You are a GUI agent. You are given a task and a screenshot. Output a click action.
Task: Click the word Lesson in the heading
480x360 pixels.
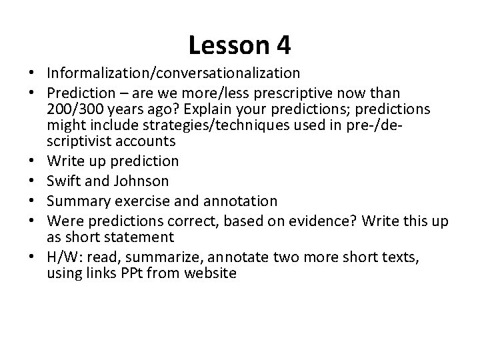coord(227,45)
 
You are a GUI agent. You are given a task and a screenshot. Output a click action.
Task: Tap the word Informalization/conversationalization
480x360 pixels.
coord(173,71)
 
